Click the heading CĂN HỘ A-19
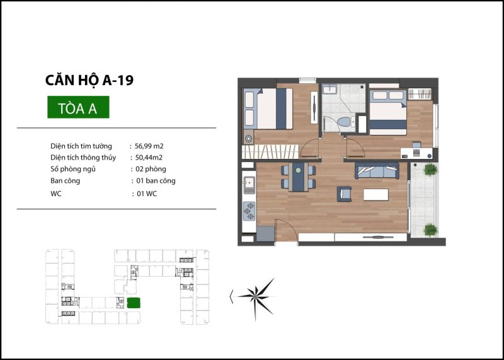pos(89,81)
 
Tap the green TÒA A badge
pos(78,107)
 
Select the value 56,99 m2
pos(149,146)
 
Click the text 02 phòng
pos(151,169)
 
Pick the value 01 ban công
pos(156,181)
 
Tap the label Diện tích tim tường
pos(81,146)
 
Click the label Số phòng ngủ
pos(73,169)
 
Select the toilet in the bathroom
pos(345,122)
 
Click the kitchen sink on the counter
pos(249,185)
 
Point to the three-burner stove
pos(249,211)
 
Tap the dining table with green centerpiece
pos(298,177)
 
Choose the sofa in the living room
pos(377,170)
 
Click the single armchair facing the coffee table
pos(344,194)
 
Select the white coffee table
pos(375,195)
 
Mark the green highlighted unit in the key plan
pos(134,303)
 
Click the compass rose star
pos(257,298)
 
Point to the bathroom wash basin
pos(329,89)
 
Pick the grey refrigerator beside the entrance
pos(265,234)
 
